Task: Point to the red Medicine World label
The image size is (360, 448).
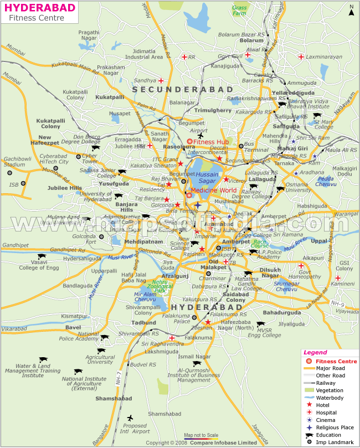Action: click(x=214, y=190)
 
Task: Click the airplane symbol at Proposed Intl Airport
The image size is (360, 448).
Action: click(x=130, y=418)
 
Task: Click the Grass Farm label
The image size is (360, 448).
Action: click(x=240, y=11)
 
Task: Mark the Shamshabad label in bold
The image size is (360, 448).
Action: click(x=112, y=383)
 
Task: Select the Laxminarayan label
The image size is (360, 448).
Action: click(x=321, y=56)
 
